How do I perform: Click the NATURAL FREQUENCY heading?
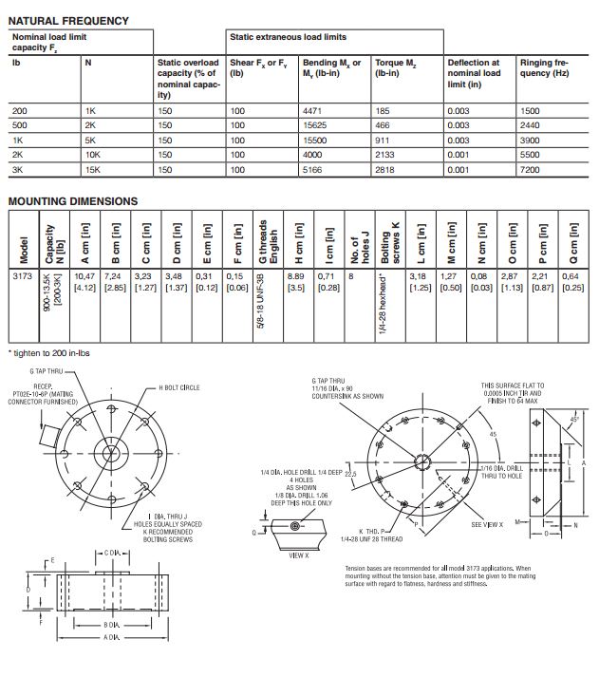pyautogui.click(x=68, y=19)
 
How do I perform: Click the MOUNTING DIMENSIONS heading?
pyautogui.click(x=73, y=201)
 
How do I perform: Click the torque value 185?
pyautogui.click(x=384, y=112)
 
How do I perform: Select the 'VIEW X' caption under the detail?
pyautogui.click(x=300, y=555)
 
